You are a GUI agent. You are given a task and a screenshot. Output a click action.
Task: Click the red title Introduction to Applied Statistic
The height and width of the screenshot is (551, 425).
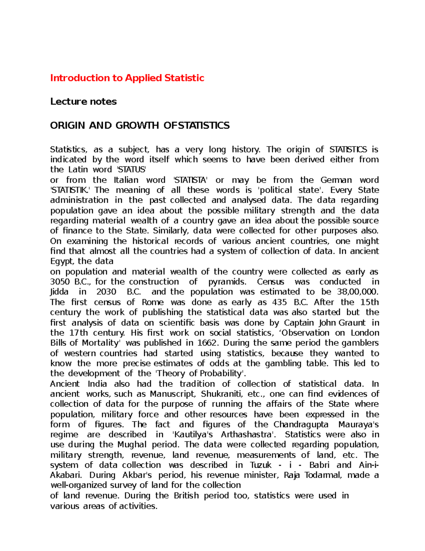[127, 78]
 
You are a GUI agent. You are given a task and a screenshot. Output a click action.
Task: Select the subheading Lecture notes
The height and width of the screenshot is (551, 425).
[83, 101]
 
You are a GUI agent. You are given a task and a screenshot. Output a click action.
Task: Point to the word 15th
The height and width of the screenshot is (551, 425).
[369, 302]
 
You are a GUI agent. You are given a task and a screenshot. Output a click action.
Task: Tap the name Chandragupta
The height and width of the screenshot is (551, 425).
[301, 425]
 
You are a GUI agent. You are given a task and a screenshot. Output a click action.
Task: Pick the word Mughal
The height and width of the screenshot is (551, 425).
[132, 445]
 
